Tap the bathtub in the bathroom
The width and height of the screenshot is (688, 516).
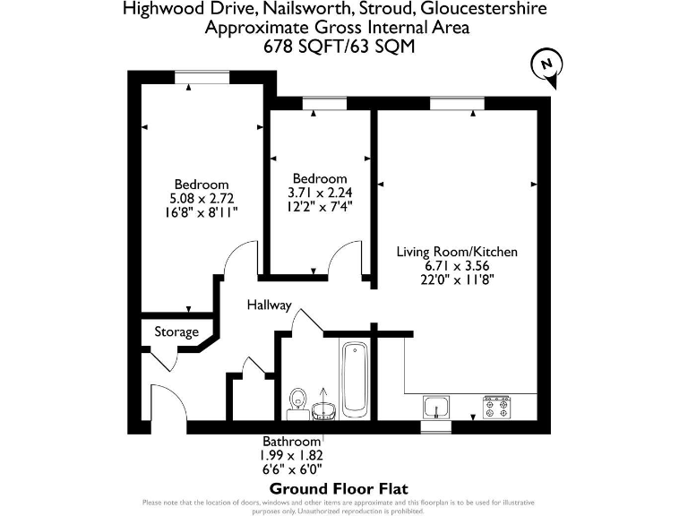pos(354,377)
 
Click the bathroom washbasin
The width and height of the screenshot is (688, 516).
pos(325,408)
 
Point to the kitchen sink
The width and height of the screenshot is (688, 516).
pos(436,408)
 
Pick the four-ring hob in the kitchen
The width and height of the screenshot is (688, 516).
pos(496,408)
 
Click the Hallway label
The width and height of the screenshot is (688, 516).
pos(270,305)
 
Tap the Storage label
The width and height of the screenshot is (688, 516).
pos(176,332)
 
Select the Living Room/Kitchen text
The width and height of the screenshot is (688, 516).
pos(457,252)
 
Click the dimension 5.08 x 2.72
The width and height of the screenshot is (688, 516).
pos(202,198)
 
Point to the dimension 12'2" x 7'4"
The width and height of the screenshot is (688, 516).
pos(320,206)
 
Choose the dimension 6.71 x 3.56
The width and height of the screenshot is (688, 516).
pos(457,265)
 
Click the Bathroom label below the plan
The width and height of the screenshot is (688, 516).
pos(291,442)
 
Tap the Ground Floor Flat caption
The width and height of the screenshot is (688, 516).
pos(339,488)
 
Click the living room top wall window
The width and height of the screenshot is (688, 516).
pos(456,103)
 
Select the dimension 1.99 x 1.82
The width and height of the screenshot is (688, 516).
pos(291,455)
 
